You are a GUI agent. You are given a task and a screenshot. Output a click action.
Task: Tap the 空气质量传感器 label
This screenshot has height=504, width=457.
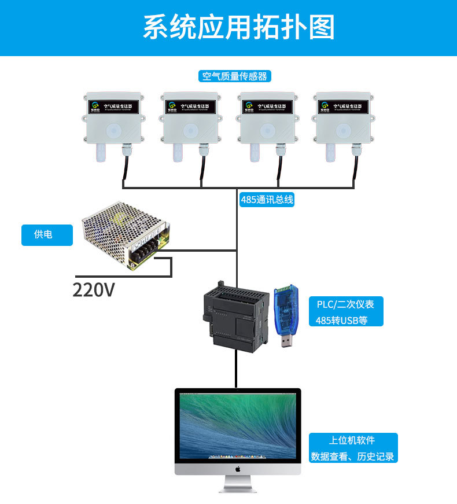pos(234,76)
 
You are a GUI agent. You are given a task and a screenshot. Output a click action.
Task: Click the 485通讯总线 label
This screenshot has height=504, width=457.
pos(267,200)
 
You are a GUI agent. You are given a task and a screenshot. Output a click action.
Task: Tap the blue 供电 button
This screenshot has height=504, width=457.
pos(47,235)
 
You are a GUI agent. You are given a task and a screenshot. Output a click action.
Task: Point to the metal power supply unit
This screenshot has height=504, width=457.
pos(126,234)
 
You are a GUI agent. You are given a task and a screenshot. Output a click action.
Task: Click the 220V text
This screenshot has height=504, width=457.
pos(94,289)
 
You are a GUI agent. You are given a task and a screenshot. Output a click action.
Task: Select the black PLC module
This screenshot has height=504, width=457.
pos(235,315)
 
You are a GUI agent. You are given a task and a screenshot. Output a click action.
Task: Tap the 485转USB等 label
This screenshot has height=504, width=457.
pos(341,321)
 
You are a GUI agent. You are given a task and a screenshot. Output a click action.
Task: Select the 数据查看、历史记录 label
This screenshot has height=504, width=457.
pos(352,456)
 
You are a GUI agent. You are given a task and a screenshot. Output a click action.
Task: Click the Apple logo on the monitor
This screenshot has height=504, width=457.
pos(237,469)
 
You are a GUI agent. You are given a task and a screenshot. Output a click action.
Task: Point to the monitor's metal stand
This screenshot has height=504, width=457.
pos(237,484)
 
